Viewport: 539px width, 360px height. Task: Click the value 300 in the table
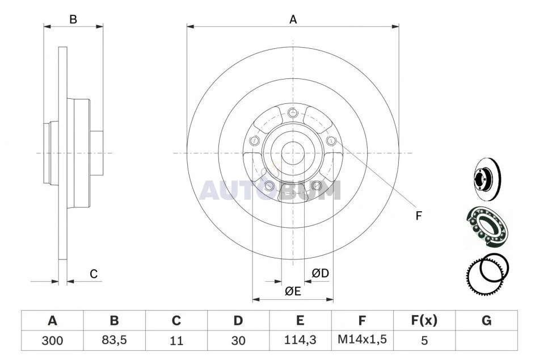tap(52, 341)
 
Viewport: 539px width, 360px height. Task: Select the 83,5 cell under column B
tap(114, 340)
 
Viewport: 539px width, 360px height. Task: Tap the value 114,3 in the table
tap(300, 340)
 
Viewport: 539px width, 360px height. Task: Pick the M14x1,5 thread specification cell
tap(363, 340)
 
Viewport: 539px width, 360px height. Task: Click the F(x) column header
tap(424, 320)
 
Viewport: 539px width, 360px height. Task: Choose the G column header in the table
tap(486, 320)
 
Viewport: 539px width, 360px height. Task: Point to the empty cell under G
tap(486, 341)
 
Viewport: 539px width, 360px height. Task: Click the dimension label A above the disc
tap(293, 20)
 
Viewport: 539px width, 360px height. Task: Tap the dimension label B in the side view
tap(73, 20)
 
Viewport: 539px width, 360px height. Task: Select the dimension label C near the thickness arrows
tap(94, 274)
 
